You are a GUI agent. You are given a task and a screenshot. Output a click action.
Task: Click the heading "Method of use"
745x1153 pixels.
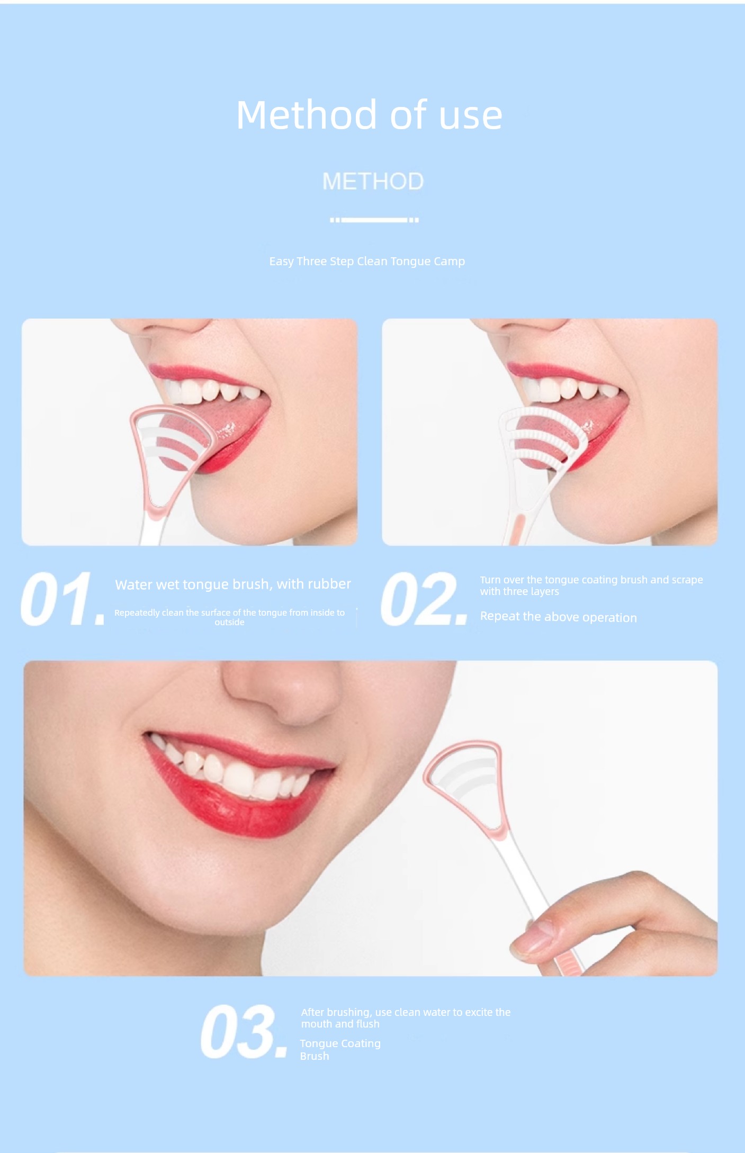point(369,115)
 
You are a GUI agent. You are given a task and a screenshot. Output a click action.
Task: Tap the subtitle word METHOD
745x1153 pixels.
point(373,182)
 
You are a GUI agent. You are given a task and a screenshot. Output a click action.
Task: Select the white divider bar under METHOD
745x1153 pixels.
point(374,220)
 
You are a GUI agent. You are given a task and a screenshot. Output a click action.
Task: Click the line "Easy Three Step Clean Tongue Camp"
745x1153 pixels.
point(367,261)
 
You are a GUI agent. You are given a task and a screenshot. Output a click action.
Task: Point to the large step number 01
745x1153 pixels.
point(62,599)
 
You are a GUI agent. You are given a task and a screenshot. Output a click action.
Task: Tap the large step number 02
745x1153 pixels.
point(424,599)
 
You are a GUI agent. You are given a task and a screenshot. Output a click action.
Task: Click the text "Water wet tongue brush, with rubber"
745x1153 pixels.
point(233,584)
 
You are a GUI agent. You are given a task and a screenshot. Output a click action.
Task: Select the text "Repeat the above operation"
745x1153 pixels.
point(559,617)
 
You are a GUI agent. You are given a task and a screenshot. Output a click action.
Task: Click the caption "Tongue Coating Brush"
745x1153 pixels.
point(340,1049)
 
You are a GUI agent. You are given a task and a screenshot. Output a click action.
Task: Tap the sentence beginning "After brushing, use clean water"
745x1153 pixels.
point(406,1017)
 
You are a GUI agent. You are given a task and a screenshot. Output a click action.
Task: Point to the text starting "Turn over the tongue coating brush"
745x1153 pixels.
point(591,585)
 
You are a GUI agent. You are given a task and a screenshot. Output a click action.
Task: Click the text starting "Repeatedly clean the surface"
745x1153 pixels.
point(229,617)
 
